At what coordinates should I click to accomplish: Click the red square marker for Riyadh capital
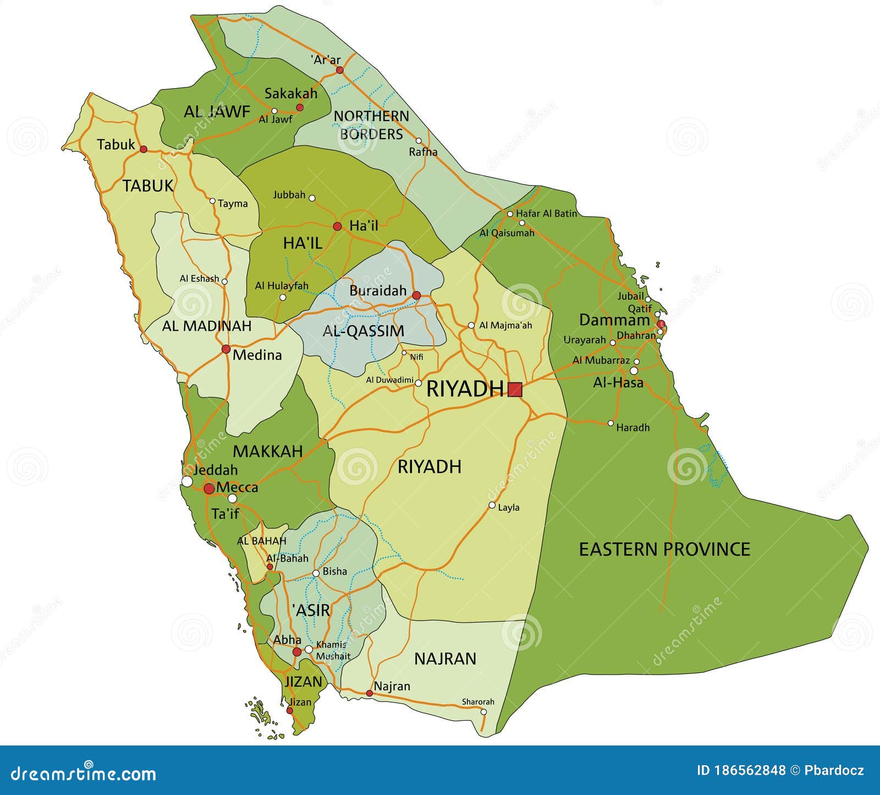point(515,390)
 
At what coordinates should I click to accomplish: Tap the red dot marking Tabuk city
point(144,149)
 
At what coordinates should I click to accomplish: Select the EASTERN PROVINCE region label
point(664,549)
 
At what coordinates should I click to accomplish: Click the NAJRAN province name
point(445,659)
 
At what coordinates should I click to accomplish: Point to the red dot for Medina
point(226,349)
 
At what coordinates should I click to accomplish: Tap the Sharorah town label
point(477,701)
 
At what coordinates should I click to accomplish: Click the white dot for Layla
point(492,505)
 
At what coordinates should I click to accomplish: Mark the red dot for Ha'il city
point(338,226)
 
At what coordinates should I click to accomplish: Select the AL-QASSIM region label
point(363,331)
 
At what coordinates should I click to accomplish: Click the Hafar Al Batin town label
point(546,213)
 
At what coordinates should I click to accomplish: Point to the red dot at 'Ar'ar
point(340,70)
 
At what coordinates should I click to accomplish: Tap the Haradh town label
point(632,427)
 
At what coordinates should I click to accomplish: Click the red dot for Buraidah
point(416,295)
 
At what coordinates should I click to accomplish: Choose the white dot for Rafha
point(419,141)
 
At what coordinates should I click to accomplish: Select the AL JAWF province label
point(217,112)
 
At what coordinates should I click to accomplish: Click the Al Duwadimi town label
point(389,380)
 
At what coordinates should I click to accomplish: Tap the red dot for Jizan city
point(290,710)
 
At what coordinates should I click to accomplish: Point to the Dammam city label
point(614,320)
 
